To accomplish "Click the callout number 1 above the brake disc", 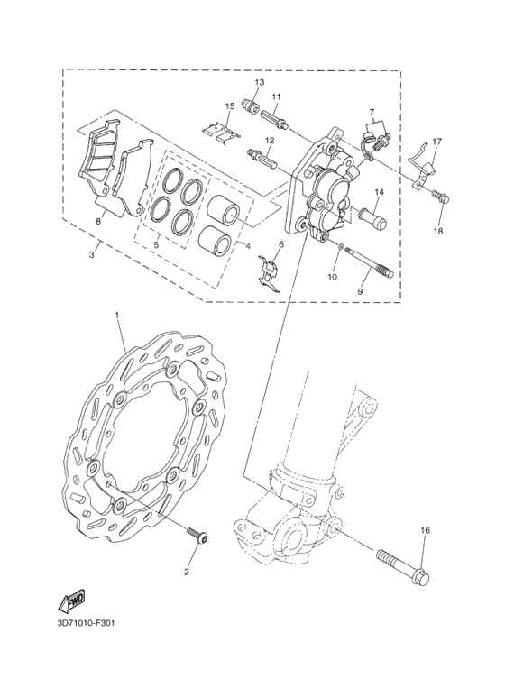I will point(117,315).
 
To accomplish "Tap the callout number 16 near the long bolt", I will point(426,531).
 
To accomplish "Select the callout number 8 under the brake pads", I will point(98,220).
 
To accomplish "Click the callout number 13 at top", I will point(258,82).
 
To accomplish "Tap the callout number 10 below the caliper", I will point(333,278).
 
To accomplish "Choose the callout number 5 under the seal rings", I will point(156,244).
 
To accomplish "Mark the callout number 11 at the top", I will point(276,96).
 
